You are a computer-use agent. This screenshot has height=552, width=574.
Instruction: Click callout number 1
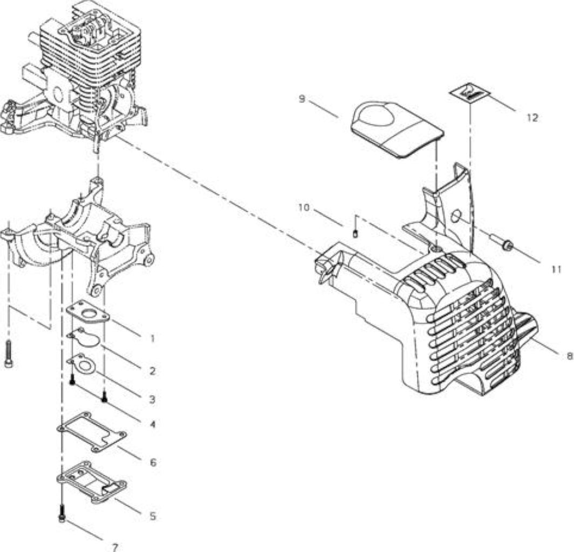153,339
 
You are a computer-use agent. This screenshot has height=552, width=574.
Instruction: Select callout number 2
153,371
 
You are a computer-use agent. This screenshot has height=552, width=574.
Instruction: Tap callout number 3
152,399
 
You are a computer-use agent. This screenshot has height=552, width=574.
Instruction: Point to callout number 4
152,424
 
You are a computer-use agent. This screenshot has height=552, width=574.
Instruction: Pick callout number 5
153,516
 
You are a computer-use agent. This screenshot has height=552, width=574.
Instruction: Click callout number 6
153,463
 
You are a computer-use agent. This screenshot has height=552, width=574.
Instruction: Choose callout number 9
302,99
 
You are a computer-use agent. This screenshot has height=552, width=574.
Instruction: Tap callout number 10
304,208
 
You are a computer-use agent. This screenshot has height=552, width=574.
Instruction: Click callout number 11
556,269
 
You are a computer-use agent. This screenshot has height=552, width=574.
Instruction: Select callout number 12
532,118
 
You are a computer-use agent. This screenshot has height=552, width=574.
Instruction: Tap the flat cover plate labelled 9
397,128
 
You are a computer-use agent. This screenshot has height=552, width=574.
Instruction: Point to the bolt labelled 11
501,242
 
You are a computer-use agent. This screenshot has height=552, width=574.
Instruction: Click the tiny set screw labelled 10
355,233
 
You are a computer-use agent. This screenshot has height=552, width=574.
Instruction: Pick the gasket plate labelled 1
88,313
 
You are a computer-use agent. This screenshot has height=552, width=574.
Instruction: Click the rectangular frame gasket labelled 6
92,432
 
